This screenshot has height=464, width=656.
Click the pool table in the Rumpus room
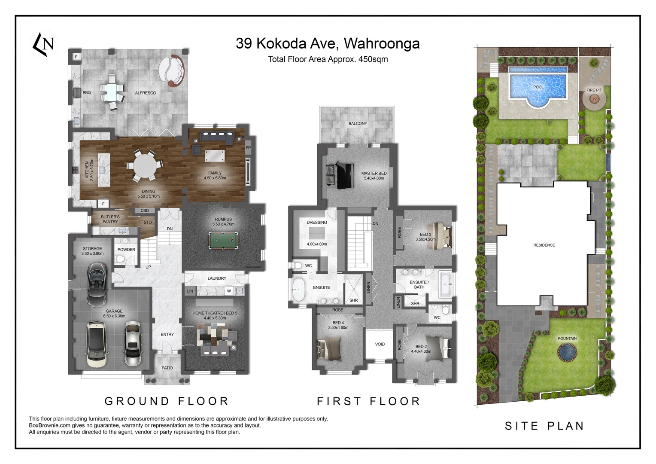pos(223,240)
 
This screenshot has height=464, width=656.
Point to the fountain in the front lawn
pos(567,352)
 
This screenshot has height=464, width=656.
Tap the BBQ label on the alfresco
pos(87,93)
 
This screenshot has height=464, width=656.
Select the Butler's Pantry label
pos(110,219)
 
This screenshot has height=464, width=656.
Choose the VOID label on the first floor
pos(380,344)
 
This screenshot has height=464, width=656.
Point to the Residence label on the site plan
pos(544,245)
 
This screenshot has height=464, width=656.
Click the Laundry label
pos(217,278)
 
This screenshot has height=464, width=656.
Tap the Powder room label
pos(126,250)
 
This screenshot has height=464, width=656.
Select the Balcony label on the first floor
pos(358,124)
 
